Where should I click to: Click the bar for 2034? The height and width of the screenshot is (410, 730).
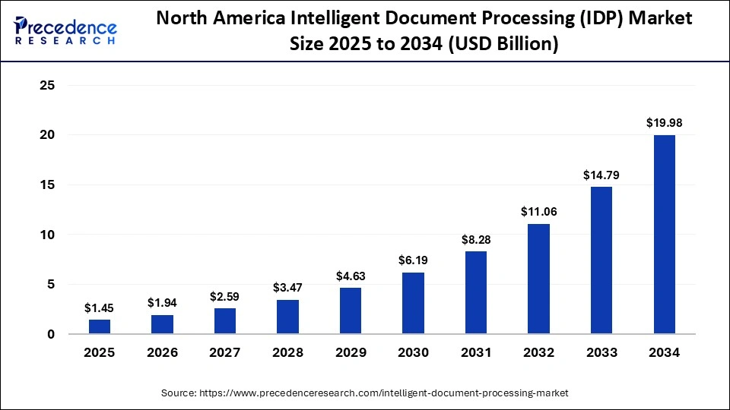(664, 235)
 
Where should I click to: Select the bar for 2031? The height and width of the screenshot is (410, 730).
(475, 292)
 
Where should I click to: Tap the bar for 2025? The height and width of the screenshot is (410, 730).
(100, 326)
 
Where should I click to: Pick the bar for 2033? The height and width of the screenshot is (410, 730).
(601, 260)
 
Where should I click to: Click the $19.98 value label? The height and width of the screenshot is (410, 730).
(664, 123)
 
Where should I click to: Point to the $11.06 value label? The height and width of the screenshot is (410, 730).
(538, 212)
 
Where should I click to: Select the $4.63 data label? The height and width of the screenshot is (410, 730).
(350, 276)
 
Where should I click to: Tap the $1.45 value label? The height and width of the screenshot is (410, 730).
(100, 307)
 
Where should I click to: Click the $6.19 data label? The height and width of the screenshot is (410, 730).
(413, 260)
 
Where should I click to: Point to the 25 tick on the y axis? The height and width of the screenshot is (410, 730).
(47, 85)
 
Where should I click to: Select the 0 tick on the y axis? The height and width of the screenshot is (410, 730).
(51, 334)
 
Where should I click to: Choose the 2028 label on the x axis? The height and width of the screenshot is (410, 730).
(287, 353)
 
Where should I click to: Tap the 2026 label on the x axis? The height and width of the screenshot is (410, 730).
(162, 353)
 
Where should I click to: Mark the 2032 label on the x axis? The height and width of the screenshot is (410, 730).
(538, 353)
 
